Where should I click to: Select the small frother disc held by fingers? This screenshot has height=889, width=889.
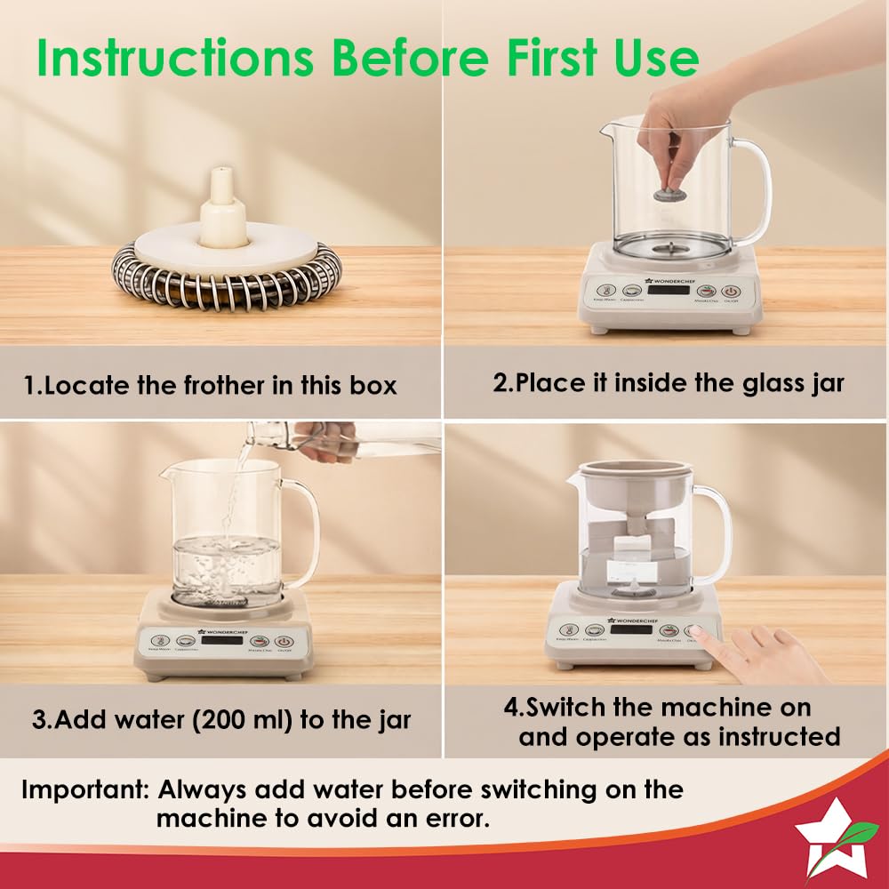coord(668,194)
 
